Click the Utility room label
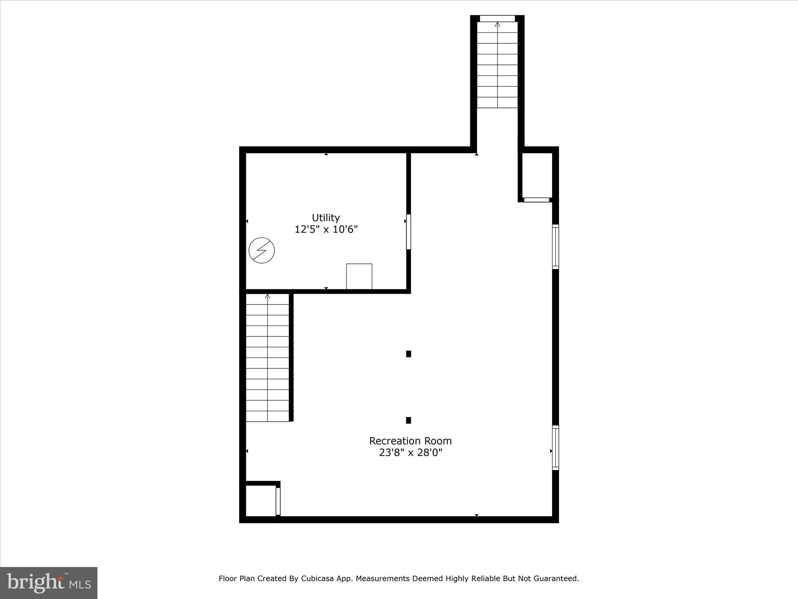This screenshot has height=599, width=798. [326, 218]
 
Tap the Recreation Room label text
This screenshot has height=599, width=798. [410, 441]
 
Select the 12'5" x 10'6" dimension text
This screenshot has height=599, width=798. [326, 229]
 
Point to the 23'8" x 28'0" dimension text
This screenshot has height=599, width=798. [410, 453]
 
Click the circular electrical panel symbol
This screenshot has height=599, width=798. [262, 250]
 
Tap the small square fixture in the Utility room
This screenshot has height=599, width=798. [359, 276]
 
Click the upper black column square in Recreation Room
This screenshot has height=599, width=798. [408, 354]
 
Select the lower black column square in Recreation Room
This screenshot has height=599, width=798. [408, 420]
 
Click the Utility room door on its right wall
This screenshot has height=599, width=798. [408, 232]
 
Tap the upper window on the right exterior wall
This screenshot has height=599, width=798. [556, 247]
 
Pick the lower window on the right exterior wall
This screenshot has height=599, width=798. [556, 448]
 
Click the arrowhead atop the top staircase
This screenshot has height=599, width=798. [497, 24]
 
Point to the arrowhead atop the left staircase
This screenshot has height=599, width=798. [267, 297]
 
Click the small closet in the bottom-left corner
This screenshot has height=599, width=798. [260, 501]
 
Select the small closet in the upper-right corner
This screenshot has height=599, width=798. [537, 175]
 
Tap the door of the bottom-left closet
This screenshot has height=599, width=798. [278, 502]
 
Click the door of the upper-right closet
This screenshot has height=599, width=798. [537, 200]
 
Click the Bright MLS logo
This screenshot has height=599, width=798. [49, 583]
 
